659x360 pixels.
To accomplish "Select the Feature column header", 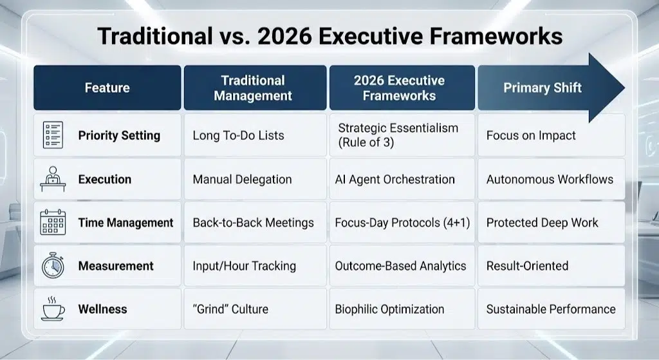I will point(107,88).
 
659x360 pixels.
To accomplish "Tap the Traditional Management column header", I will point(253,88).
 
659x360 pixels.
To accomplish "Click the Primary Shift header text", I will point(542,88).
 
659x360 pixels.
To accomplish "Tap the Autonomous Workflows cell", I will point(550,179).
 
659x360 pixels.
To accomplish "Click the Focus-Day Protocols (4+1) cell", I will point(402,223).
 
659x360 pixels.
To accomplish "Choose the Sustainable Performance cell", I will point(551,309).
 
